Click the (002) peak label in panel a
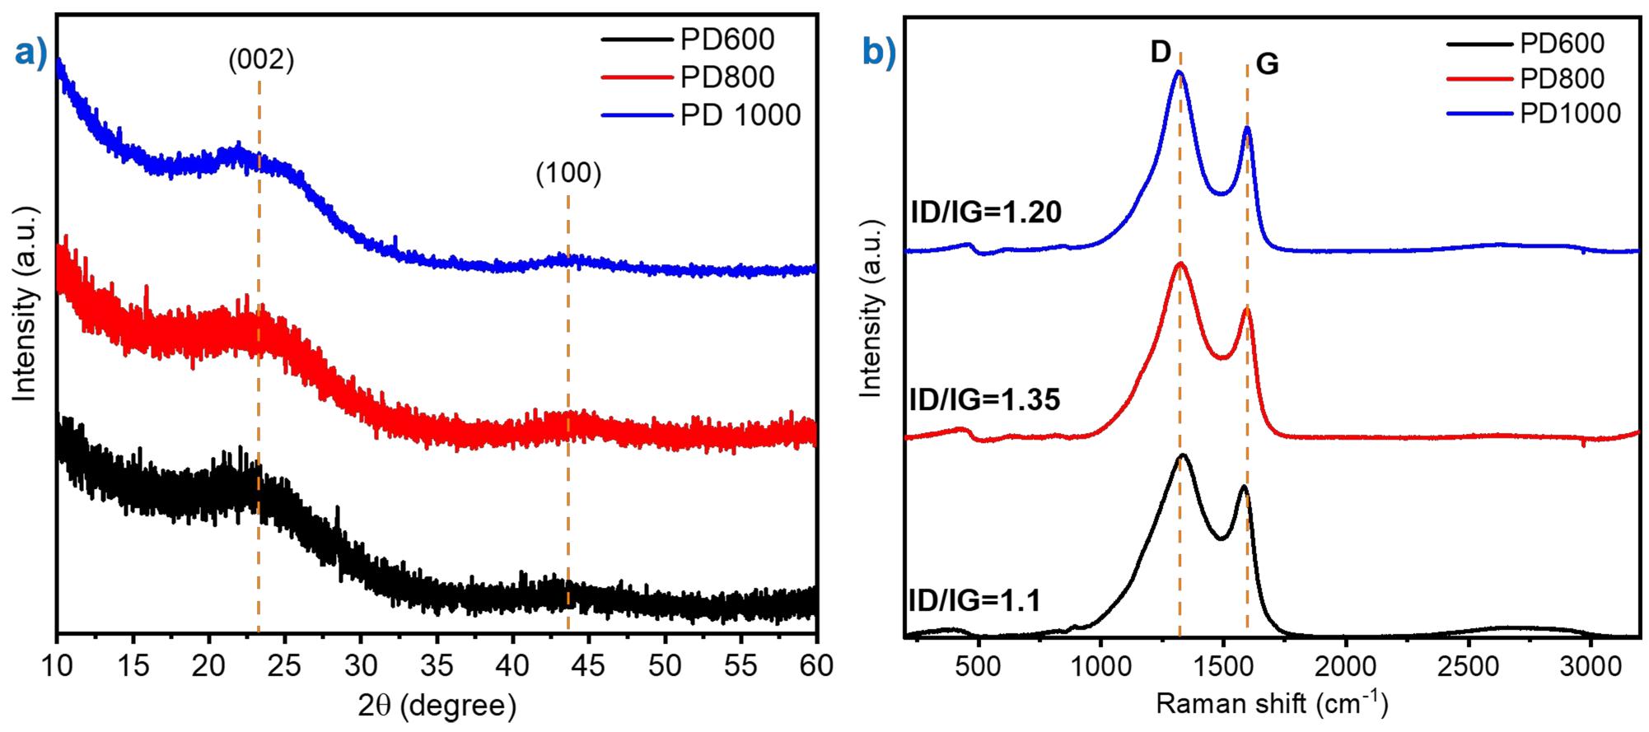tap(261, 60)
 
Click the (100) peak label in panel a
tap(568, 174)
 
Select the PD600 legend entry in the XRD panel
tap(726, 39)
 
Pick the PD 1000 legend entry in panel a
tap(740, 115)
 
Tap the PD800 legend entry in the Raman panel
tap(1562, 79)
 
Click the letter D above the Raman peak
tap(1160, 53)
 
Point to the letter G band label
tap(1267, 64)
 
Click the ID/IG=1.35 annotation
tap(984, 399)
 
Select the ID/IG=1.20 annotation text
tap(985, 212)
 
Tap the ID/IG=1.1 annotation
tap(974, 600)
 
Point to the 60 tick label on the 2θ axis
tap(815, 664)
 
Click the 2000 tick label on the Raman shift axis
tap(1345, 664)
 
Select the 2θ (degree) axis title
tap(437, 705)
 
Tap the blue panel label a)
tap(31, 53)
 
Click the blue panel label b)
tap(878, 53)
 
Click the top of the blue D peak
tap(1180, 72)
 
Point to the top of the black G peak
tap(1244, 487)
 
